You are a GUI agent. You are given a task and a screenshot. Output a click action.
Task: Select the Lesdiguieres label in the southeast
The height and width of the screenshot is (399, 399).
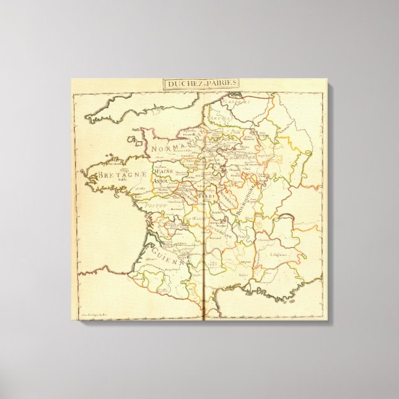tap(276, 255)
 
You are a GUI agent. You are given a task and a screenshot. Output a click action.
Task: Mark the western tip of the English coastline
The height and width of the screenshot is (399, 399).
tap(87, 117)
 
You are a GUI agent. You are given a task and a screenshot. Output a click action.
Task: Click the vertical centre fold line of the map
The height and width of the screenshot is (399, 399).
tap(203, 204)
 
